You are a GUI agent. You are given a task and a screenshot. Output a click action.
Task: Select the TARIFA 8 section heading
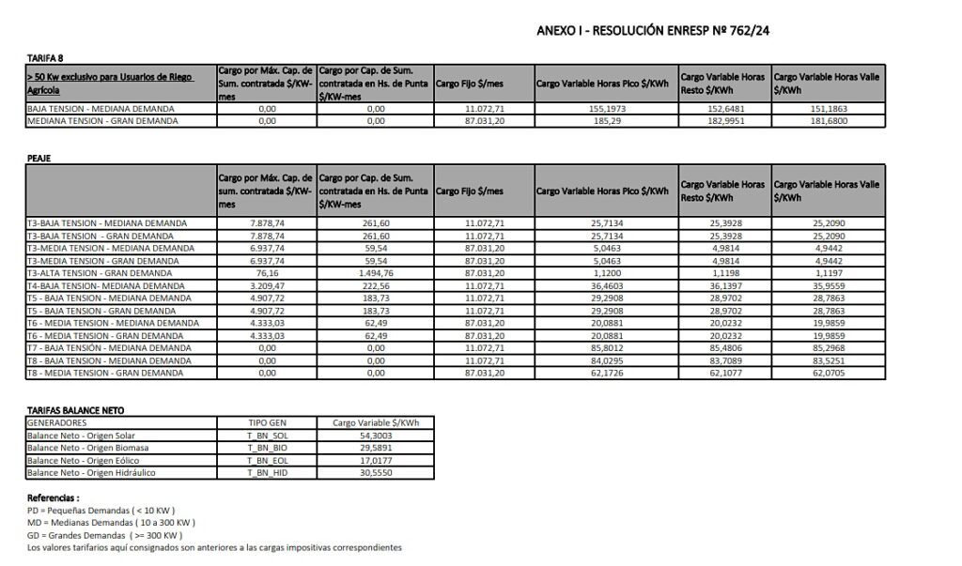[45, 58]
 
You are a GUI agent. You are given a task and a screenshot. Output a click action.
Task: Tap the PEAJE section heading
[39, 160]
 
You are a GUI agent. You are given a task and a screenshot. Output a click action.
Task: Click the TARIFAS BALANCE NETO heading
[75, 410]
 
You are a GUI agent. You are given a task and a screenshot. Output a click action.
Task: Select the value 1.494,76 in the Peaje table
[376, 272]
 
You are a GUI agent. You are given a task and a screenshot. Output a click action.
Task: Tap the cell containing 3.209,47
[267, 284]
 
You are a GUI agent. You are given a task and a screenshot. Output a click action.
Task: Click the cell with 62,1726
[601, 373]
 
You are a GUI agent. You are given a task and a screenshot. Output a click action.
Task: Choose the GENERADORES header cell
[58, 423]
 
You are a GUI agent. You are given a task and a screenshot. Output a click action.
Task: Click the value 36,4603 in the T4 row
[601, 284]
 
